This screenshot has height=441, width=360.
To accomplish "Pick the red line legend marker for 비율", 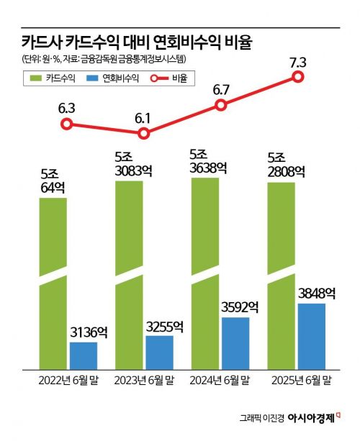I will (x=157, y=78).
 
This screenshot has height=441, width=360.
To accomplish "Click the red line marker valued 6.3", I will (x=66, y=124).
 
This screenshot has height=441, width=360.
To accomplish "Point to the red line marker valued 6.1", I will (x=144, y=133).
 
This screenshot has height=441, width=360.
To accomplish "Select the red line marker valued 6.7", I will (x=220, y=106).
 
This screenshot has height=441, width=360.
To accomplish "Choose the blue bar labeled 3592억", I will (x=235, y=342).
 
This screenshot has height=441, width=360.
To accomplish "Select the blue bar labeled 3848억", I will (x=311, y=336).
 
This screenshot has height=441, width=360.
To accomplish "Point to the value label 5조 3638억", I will (x=209, y=161).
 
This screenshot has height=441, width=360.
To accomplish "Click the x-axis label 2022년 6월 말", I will (x=66, y=379).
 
